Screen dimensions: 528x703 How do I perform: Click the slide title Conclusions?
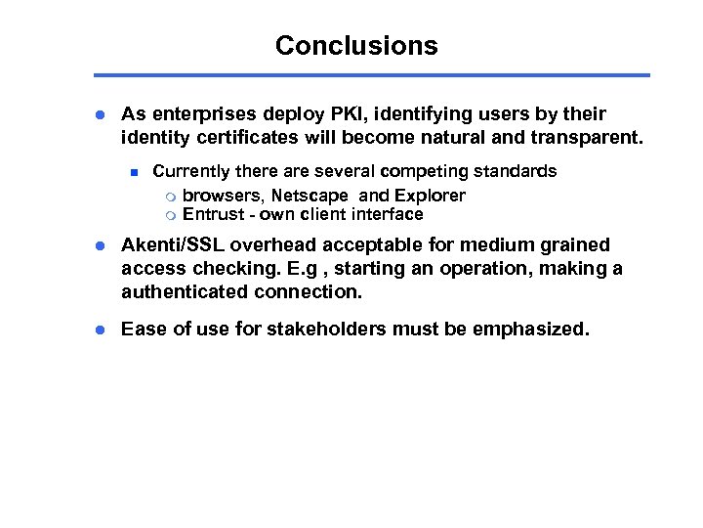click(x=356, y=45)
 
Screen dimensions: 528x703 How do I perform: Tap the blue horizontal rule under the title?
click(x=371, y=75)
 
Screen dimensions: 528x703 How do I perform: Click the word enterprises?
click(x=205, y=114)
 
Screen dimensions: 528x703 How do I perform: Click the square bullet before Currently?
click(x=137, y=172)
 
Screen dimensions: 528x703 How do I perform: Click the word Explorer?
click(x=429, y=196)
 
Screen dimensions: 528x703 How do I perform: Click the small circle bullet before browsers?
click(x=170, y=197)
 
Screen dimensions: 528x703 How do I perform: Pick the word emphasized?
click(x=531, y=329)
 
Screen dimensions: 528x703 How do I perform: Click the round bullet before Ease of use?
click(x=101, y=330)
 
